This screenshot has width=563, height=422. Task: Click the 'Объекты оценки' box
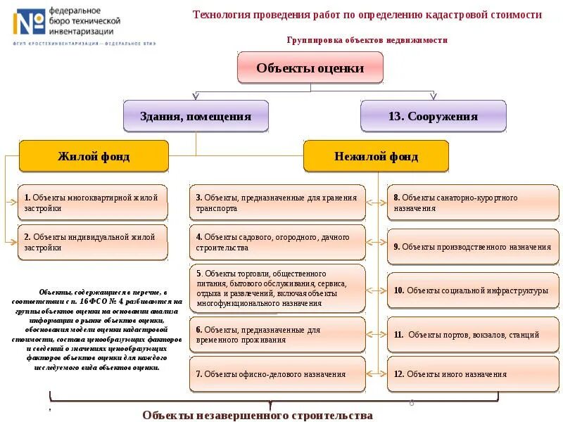310,68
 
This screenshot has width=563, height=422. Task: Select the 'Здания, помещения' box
196,117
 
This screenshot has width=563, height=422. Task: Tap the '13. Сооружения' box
433,117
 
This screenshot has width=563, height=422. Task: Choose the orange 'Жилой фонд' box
94,156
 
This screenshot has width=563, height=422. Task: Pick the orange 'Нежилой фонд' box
376,156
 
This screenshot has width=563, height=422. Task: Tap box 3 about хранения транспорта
277,203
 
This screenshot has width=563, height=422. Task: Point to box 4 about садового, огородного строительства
277,243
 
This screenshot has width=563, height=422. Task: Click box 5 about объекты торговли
277,288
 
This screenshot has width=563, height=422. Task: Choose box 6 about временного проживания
277,335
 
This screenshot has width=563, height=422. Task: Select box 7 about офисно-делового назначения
277,374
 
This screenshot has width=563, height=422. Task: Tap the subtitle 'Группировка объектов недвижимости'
367,40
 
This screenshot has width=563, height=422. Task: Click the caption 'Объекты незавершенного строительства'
258,415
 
